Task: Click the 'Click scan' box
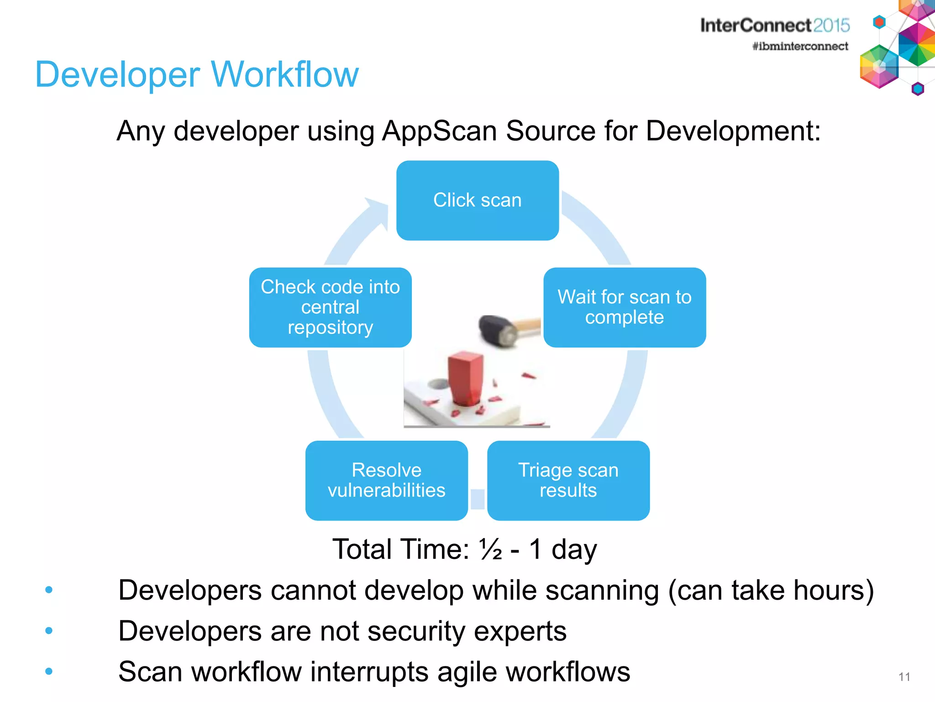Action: [478, 200]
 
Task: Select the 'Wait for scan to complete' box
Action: [625, 307]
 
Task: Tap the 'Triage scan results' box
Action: [568, 480]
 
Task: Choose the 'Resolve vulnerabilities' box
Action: [387, 480]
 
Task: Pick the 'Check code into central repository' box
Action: [330, 307]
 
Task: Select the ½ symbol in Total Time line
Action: [490, 549]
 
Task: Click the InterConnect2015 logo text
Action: [775, 26]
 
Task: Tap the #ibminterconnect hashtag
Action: [800, 46]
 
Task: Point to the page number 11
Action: [904, 677]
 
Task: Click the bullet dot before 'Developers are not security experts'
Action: [49, 631]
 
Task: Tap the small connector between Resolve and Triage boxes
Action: [478, 499]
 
